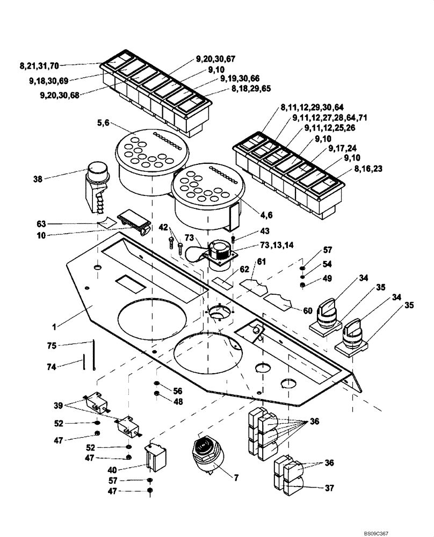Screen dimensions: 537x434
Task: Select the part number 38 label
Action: (x=53, y=179)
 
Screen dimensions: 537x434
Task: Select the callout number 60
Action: (x=308, y=311)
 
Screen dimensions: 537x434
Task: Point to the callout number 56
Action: (x=178, y=390)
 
